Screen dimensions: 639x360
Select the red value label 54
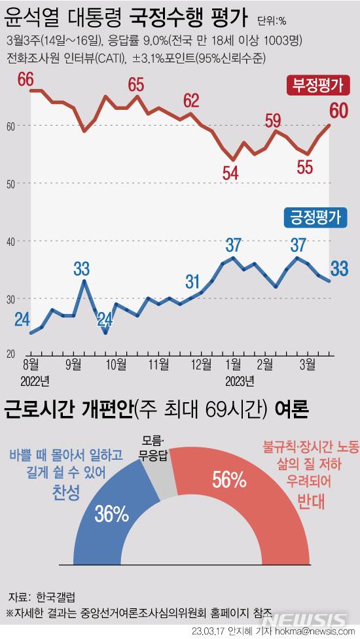pos(230,174)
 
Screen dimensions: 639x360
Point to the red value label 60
pos(339,109)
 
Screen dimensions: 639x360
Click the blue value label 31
pos(192,282)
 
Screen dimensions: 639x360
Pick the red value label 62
pos(191,101)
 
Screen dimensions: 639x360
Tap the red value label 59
pos(273,120)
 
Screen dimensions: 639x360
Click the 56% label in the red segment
pos(228,480)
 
